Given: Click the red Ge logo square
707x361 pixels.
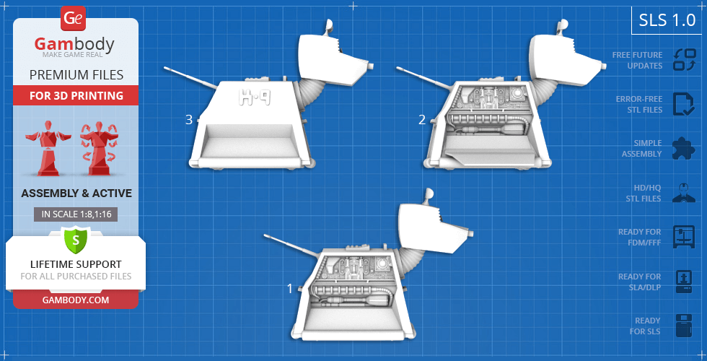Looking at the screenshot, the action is [x=73, y=19].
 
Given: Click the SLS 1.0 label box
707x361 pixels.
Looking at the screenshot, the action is [x=667, y=20].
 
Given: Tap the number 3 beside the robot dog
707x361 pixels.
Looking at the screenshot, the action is [x=189, y=120].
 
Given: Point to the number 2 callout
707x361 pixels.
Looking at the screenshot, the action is [x=422, y=120].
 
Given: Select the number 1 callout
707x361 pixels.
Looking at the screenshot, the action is [x=290, y=288].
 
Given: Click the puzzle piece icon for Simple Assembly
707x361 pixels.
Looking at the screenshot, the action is [x=684, y=149].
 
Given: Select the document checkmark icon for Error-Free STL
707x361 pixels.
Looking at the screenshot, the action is [x=684, y=104].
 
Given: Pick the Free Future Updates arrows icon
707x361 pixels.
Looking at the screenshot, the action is [x=684, y=60].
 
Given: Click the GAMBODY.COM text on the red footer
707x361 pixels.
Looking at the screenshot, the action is [x=76, y=300].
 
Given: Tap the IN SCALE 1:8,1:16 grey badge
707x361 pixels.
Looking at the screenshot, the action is [x=76, y=214].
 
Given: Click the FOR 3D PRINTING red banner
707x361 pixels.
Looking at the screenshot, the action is [x=76, y=95].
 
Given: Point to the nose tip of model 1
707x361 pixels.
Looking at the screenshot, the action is [x=470, y=235].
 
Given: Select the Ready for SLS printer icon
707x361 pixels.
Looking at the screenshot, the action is [x=684, y=326].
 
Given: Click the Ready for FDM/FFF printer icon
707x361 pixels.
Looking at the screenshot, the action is [x=684, y=237].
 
